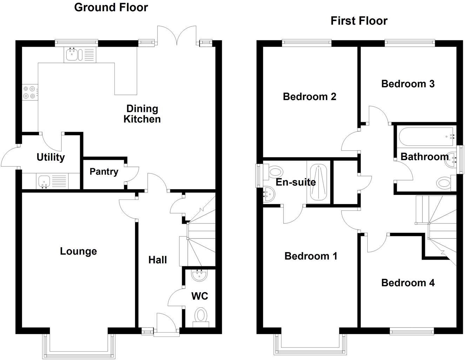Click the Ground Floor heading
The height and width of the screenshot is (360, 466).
click(x=111, y=7)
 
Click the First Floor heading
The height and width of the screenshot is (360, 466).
click(x=359, y=21)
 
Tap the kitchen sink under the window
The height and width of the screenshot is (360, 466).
click(x=73, y=54)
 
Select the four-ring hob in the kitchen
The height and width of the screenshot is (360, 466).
click(x=29, y=92)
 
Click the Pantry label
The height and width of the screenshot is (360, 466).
click(x=104, y=171)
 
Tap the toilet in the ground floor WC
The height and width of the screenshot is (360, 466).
click(x=201, y=315)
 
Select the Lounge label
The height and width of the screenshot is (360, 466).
click(x=78, y=251)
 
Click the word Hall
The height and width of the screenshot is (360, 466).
click(x=158, y=260)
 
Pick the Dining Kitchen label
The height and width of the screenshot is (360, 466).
click(x=142, y=114)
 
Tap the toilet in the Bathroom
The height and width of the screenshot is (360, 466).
click(x=444, y=183)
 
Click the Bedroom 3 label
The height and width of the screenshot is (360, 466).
click(x=408, y=84)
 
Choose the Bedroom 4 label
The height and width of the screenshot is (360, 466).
click(x=408, y=283)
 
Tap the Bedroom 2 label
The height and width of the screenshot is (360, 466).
click(x=309, y=96)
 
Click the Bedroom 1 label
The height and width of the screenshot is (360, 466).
click(x=311, y=256)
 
